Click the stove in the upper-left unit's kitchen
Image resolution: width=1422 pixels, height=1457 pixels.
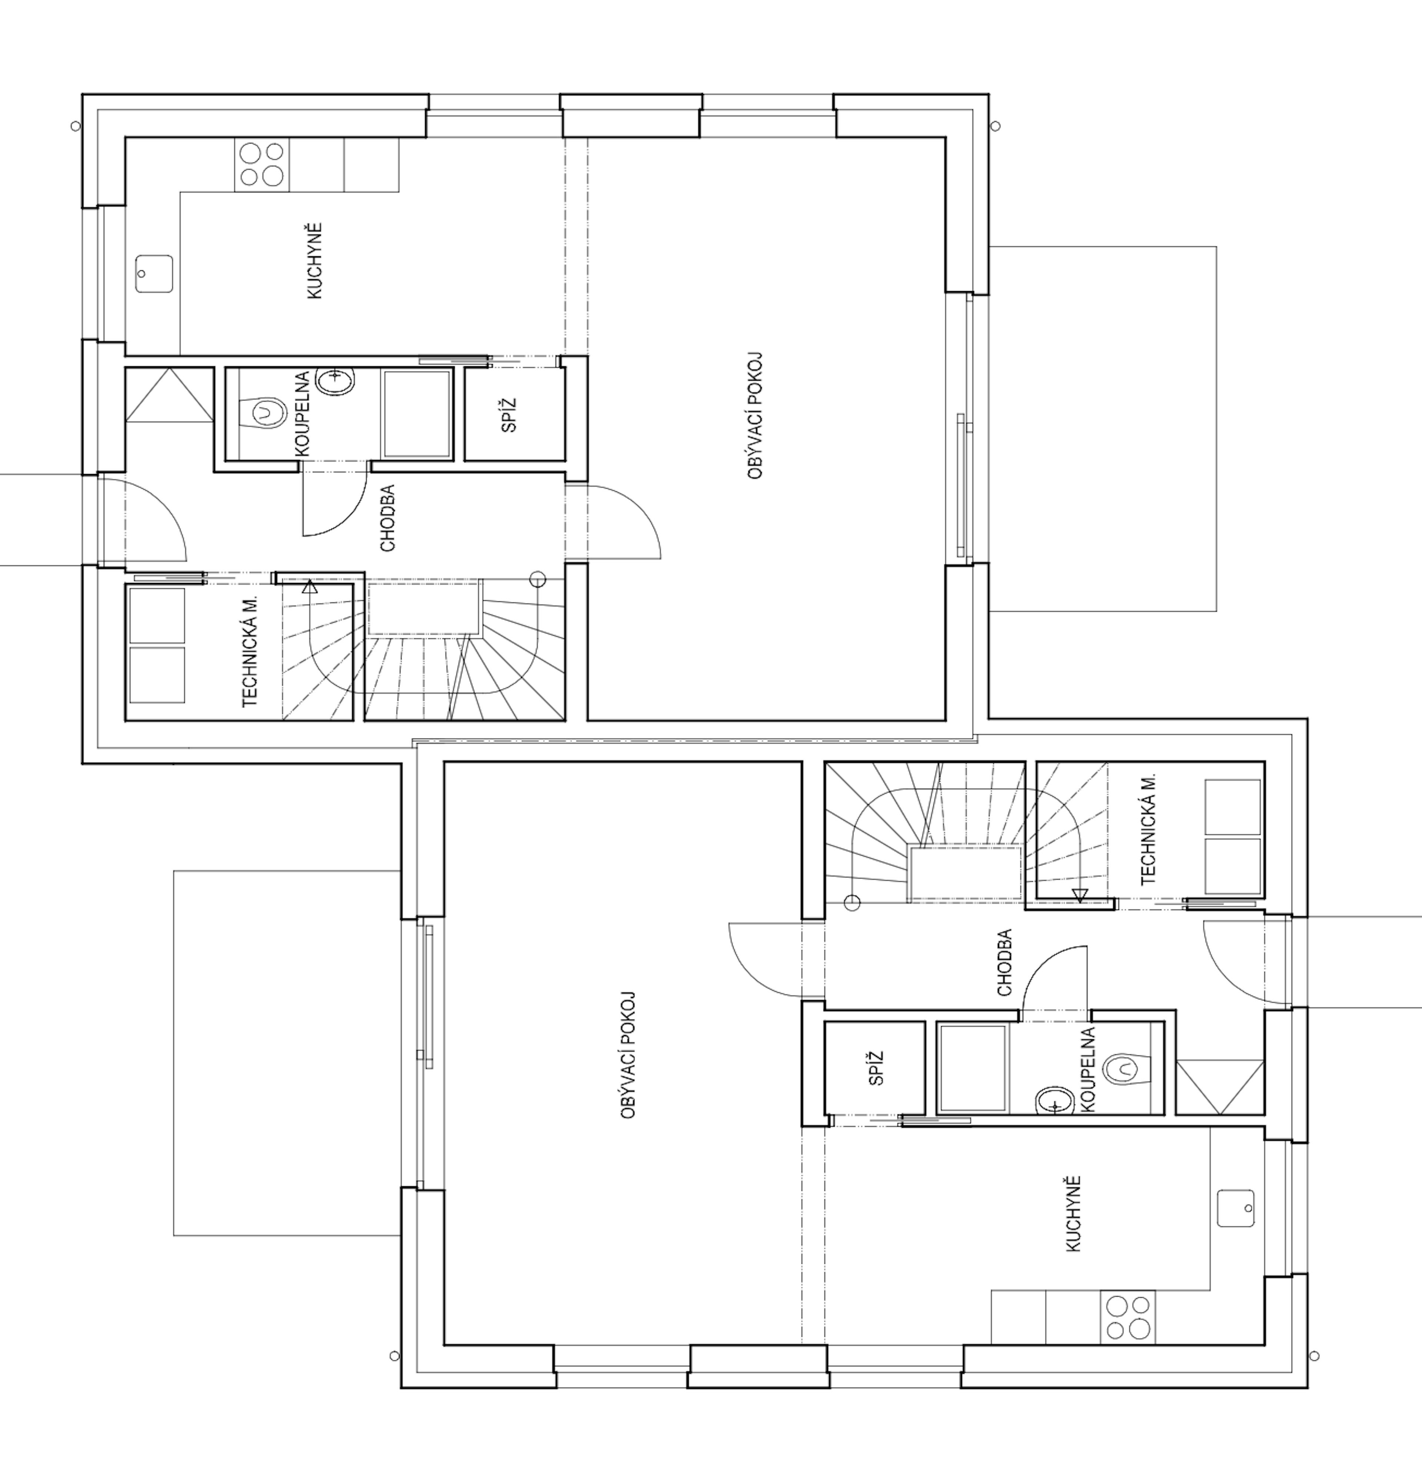(261, 164)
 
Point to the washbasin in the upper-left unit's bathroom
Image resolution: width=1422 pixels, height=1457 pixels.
(334, 381)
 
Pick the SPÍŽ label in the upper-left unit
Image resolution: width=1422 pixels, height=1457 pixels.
(509, 415)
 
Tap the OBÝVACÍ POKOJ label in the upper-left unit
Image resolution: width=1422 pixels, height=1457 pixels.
(755, 416)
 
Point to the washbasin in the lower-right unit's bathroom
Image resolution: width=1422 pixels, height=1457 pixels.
(1054, 1101)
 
